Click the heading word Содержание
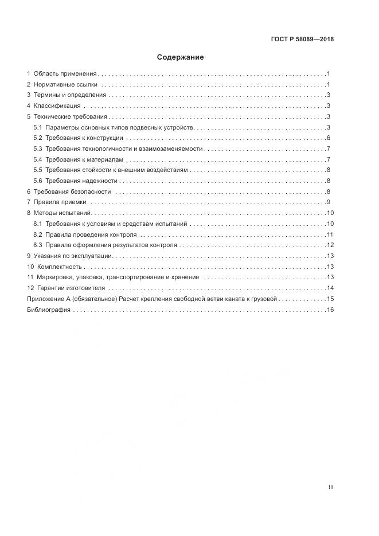coord(180,57)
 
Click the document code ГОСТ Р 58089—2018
coord(302,40)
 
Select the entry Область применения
coord(65,74)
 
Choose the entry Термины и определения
coord(70,95)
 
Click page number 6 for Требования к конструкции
coord(328,138)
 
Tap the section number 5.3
coord(38,149)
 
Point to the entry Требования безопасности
coord(72,191)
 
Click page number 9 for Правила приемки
coord(328,202)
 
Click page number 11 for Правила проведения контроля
coord(330,235)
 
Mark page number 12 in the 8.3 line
coord(330,245)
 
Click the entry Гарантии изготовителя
coord(72,288)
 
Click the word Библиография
coord(49,310)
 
